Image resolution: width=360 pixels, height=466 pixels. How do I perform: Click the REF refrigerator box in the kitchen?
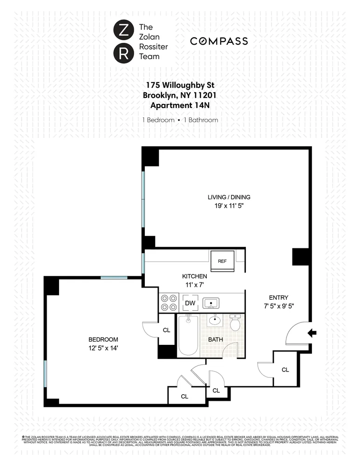pyautogui.click(x=222, y=261)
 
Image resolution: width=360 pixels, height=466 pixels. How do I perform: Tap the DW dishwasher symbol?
pyautogui.click(x=190, y=303)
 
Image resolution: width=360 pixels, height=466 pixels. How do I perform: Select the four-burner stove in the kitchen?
pyautogui.click(x=169, y=302)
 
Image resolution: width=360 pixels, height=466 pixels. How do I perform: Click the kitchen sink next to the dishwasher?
pyautogui.click(x=211, y=303)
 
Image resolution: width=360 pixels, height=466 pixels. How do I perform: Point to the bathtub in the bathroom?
pyautogui.click(x=189, y=336)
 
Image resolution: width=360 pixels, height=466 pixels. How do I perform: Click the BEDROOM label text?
pyautogui.click(x=103, y=339)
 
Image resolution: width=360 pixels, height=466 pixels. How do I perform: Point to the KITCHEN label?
pyautogui.click(x=194, y=276)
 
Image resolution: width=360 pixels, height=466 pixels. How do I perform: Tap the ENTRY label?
pyautogui.click(x=278, y=297)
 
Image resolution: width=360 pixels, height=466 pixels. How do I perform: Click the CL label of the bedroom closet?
pyautogui.click(x=166, y=330)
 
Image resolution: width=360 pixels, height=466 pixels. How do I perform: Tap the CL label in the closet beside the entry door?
pyautogui.click(x=285, y=370)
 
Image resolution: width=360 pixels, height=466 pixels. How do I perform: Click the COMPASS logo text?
pyautogui.click(x=219, y=41)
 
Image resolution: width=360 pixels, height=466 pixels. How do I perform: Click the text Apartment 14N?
pyautogui.click(x=180, y=105)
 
